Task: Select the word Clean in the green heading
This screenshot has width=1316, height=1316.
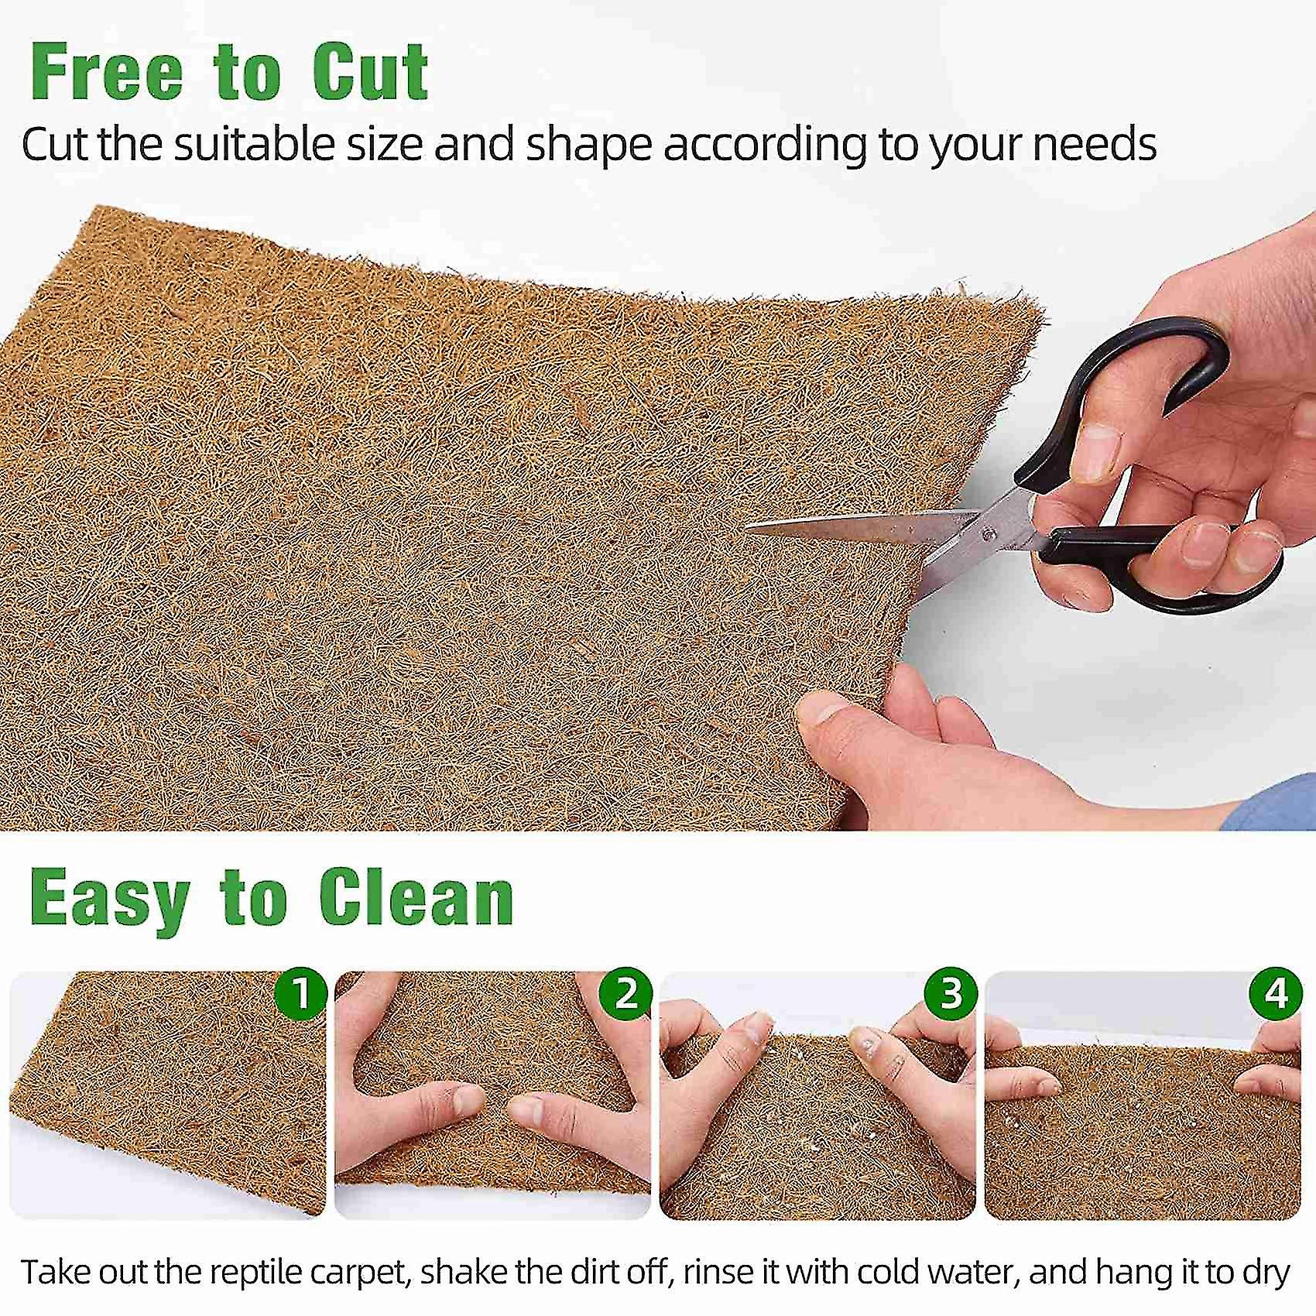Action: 416,898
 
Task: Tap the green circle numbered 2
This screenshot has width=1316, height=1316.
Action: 626,992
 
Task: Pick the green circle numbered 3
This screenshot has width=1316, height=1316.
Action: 951,992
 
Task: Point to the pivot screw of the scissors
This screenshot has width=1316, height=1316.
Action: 989,533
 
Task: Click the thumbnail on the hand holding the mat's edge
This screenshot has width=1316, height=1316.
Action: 820,708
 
